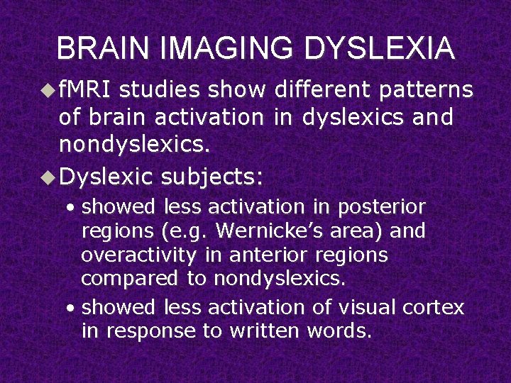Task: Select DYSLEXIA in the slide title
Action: click(x=378, y=49)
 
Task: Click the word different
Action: click(x=320, y=90)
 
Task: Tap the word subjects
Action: click(x=211, y=177)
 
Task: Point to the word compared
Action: click(x=128, y=279)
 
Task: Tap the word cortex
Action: click(x=434, y=307)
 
